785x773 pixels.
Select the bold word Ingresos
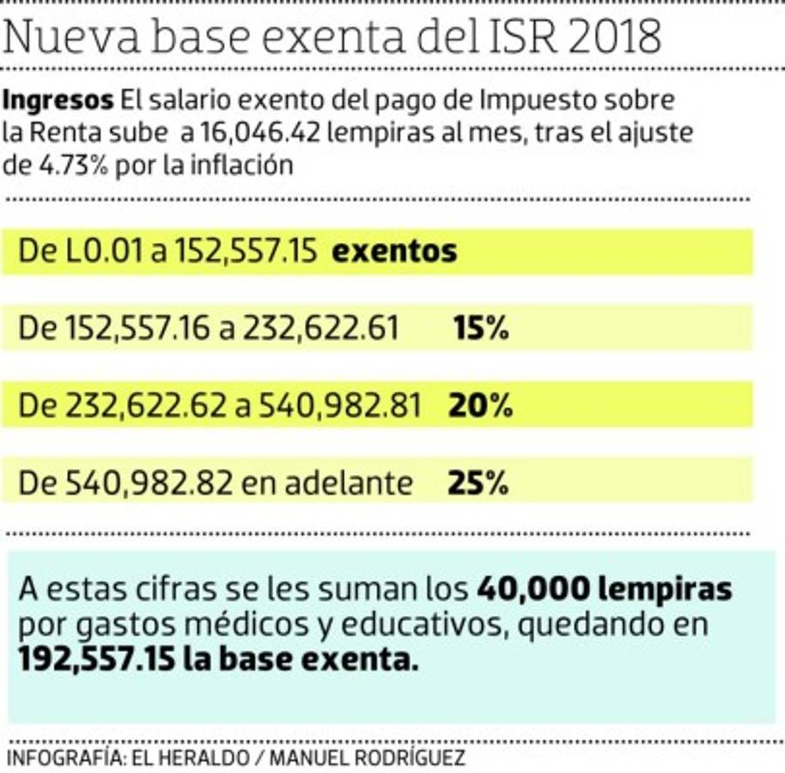tap(58, 100)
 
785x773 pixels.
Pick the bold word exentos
tap(394, 252)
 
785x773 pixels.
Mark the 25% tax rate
tap(478, 484)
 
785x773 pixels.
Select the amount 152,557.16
tap(137, 328)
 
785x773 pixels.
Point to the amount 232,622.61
tap(319, 328)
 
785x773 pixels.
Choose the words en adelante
tap(327, 484)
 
